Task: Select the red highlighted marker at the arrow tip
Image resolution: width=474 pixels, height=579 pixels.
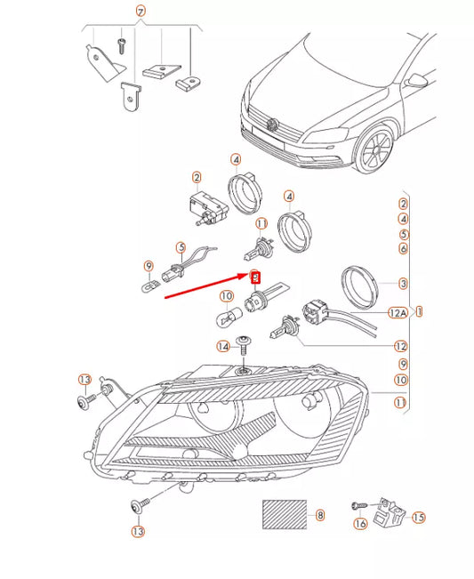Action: click(256, 277)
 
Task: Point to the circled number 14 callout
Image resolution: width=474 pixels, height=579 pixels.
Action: click(222, 346)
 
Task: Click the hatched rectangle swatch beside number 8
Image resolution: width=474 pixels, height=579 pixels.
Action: click(283, 515)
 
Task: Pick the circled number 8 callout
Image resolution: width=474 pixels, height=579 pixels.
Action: click(320, 515)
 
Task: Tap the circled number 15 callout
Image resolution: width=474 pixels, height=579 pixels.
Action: click(419, 517)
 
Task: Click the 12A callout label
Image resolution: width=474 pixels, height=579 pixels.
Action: click(398, 312)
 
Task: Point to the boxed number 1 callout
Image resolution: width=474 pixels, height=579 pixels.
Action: click(419, 312)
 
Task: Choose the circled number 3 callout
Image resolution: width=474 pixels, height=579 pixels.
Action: click(403, 284)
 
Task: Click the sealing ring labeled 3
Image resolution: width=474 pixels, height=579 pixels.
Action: click(363, 283)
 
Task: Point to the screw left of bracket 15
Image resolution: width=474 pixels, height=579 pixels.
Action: click(358, 505)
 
